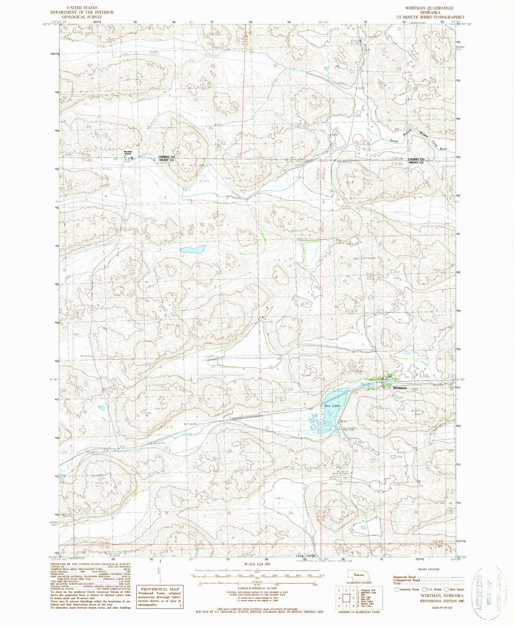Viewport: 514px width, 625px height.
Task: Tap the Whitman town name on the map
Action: (x=400, y=388)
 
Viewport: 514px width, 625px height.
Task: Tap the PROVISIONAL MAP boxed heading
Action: (x=159, y=588)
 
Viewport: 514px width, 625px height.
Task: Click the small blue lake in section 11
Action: (x=193, y=249)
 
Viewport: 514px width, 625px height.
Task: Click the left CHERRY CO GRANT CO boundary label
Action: (x=166, y=159)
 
